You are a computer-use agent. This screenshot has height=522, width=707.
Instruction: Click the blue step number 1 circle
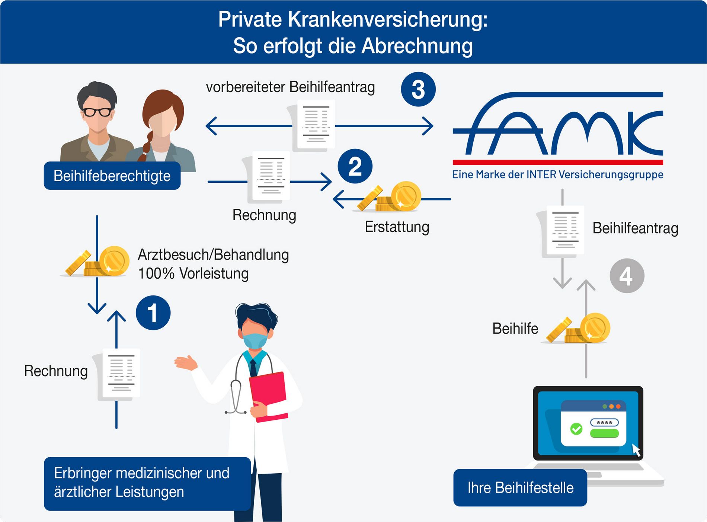pyautogui.click(x=153, y=313)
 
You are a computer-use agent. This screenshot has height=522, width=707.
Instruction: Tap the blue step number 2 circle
pyautogui.click(x=355, y=166)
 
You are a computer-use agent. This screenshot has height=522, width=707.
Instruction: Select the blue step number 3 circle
pyautogui.click(x=418, y=89)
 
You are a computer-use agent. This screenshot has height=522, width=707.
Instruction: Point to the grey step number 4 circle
pyautogui.click(x=627, y=276)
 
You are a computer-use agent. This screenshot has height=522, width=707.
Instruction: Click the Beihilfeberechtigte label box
pyautogui.click(x=112, y=176)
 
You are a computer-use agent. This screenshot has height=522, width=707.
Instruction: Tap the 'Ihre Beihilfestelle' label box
pyautogui.click(x=520, y=487)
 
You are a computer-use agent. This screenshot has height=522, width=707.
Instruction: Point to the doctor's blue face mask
pyautogui.click(x=255, y=340)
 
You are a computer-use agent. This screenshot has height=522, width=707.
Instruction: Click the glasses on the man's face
pyautogui.click(x=97, y=112)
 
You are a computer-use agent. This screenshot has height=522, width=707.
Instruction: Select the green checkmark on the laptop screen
pyautogui.click(x=576, y=429)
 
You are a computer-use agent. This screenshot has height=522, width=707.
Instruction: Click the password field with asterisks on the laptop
pyautogui.click(x=604, y=423)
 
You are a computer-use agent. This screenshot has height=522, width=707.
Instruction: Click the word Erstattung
pyautogui.click(x=397, y=227)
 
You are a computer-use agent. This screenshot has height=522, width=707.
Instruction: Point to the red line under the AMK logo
pyautogui.click(x=558, y=162)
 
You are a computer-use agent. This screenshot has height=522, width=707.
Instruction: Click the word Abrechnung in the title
pyautogui.click(x=417, y=46)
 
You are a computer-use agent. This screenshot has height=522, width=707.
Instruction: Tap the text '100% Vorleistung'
pyautogui.click(x=193, y=273)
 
